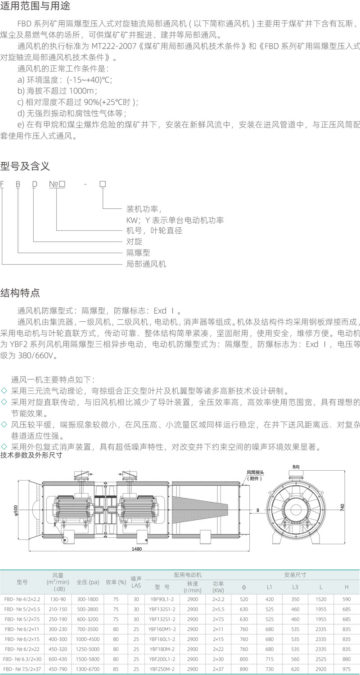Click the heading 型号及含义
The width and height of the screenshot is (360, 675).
point(25,166)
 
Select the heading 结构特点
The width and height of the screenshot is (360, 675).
point(20,293)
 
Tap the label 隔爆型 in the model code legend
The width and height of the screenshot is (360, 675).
point(138,253)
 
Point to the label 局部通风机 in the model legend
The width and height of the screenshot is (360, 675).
point(146,264)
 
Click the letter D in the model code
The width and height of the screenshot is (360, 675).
point(34,184)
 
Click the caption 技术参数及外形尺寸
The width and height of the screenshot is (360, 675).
point(31,455)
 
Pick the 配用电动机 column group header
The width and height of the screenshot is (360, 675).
point(188,575)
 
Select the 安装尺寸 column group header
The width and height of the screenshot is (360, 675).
point(295,575)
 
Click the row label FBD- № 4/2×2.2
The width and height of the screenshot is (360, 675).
point(22,599)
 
